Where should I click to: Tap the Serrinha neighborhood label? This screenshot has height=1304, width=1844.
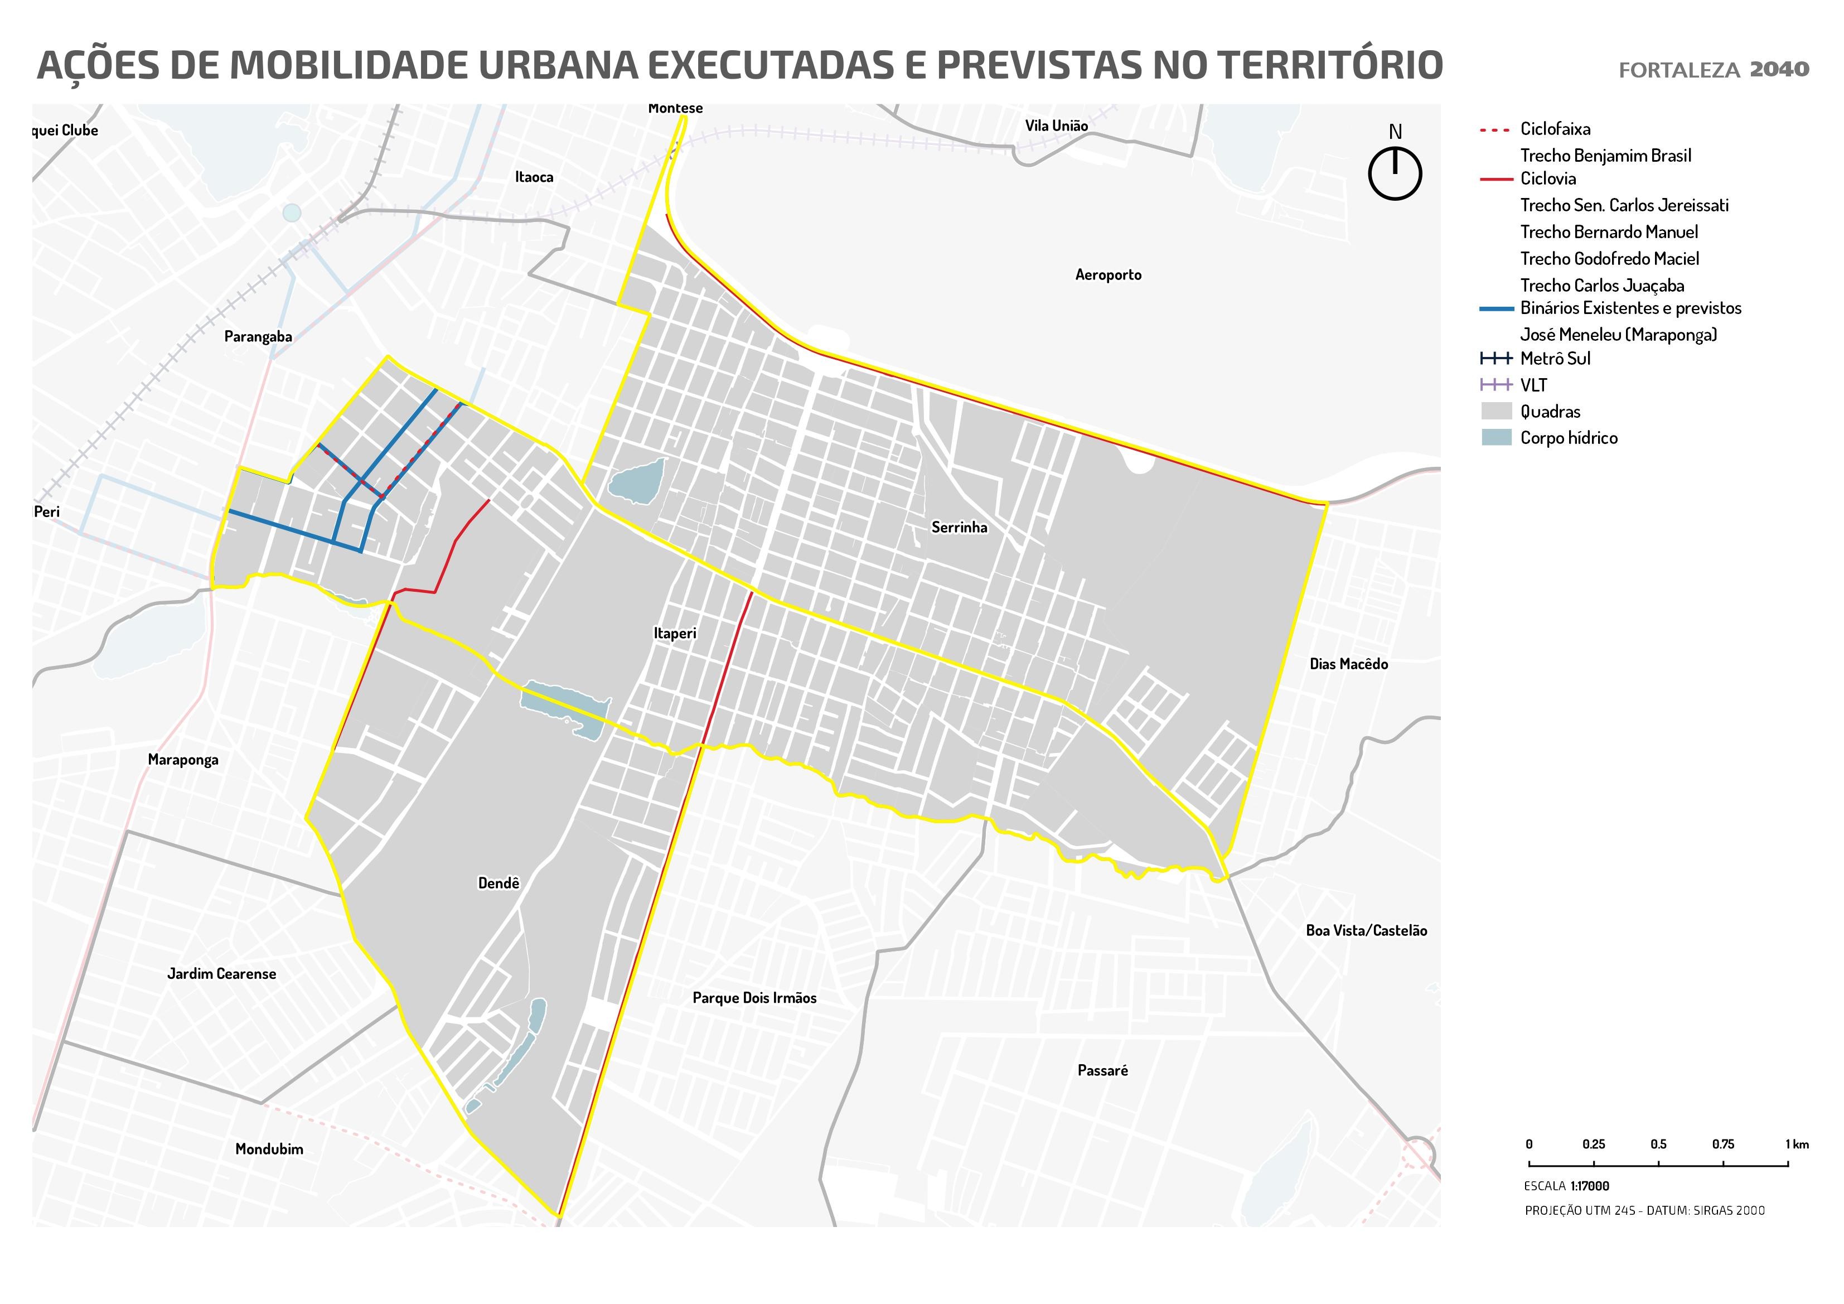pos(959,527)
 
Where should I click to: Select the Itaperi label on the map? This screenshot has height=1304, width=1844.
pos(675,633)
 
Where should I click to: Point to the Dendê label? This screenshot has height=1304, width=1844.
pos(498,883)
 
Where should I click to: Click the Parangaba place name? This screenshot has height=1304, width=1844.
pos(258,337)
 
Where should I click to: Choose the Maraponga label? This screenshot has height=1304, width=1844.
pos(182,759)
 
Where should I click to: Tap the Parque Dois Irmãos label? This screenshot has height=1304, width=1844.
pos(754,998)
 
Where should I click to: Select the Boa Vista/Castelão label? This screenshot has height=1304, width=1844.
pos(1366,930)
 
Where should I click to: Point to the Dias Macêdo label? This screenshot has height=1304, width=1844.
pos(1348,664)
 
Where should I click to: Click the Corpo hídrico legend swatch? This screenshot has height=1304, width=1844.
pos(1496,438)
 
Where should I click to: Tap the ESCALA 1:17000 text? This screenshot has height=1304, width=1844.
pos(1566,1186)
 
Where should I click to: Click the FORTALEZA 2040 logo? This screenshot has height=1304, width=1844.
pos(1713,70)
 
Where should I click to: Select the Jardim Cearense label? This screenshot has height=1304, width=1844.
pos(222,974)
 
